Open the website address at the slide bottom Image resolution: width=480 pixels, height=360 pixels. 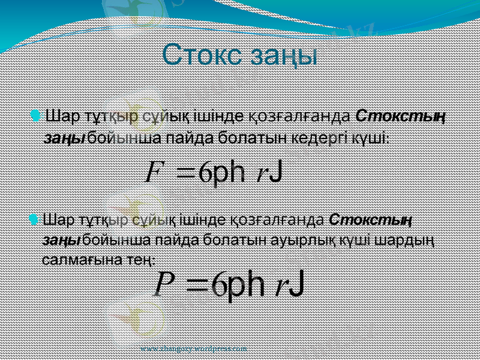[193, 349]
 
